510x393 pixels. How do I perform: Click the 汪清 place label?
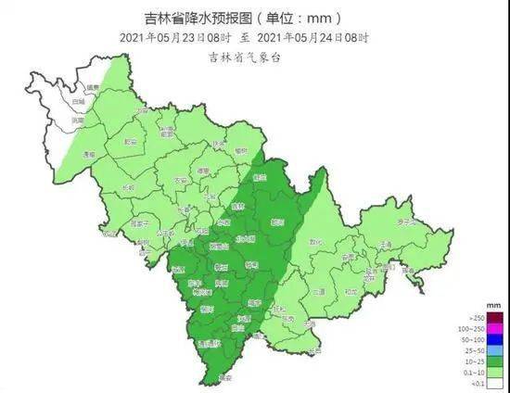[x=384, y=244]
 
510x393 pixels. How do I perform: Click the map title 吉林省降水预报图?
[x=199, y=18]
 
